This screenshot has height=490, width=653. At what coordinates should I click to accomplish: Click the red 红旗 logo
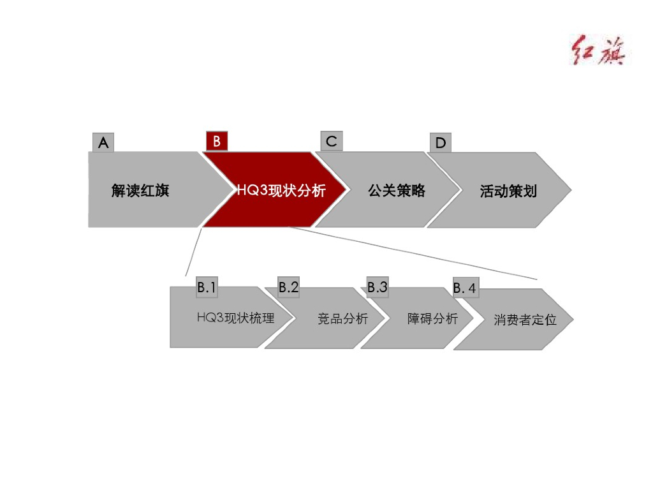point(596,50)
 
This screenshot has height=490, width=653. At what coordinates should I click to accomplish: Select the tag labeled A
point(103,143)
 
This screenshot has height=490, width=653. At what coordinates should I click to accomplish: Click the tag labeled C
point(331,141)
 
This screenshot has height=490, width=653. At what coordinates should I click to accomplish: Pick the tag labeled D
point(440,143)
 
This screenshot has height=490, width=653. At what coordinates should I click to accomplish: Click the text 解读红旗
point(140,190)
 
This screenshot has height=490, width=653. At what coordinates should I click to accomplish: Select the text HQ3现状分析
point(281,190)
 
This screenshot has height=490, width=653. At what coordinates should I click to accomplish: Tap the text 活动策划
point(508,191)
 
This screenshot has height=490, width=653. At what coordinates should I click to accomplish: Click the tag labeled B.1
point(207,288)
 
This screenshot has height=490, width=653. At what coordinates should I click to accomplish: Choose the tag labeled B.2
point(288,288)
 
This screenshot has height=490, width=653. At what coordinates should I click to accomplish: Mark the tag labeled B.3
point(377,288)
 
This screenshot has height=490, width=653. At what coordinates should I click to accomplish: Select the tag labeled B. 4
point(464,289)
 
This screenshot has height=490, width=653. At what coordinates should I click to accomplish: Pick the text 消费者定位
point(525,320)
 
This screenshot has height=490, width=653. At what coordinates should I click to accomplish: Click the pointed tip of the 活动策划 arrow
point(571,190)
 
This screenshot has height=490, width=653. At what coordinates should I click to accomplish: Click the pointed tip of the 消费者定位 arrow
point(573,319)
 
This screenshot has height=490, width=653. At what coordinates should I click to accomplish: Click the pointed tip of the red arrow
point(346,189)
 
